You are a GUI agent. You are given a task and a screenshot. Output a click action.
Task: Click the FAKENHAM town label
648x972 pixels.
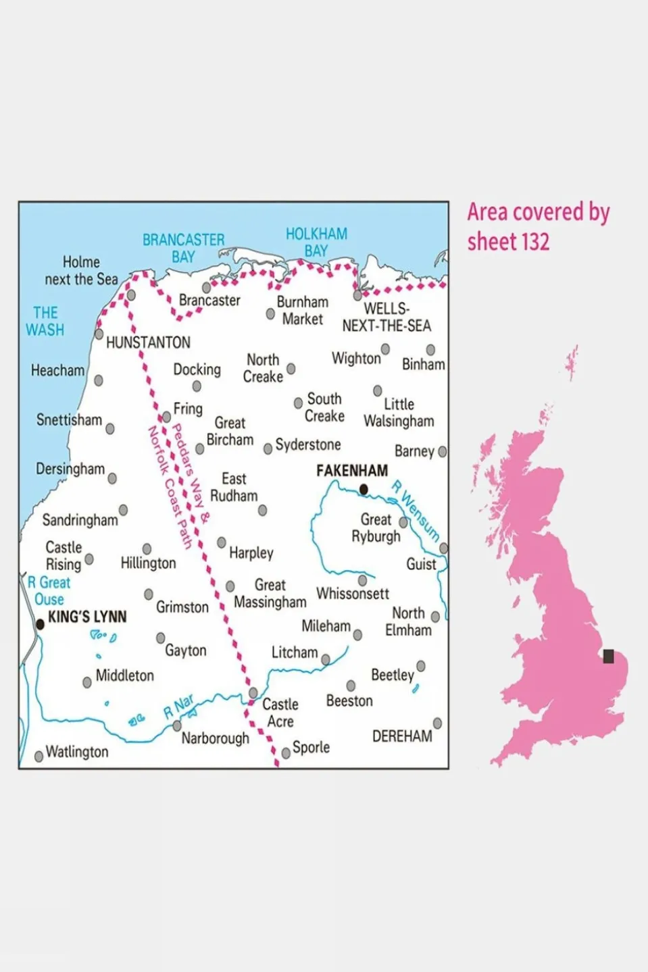352,470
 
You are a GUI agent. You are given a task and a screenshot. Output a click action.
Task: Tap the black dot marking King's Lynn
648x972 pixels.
40,625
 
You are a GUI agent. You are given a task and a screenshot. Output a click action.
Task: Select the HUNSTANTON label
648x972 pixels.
148,342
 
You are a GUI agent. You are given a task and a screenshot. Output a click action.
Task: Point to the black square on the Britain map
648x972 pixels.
608,656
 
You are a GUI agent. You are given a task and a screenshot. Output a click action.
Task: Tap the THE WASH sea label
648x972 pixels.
45,322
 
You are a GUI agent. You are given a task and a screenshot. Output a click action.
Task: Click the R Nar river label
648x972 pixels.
178,707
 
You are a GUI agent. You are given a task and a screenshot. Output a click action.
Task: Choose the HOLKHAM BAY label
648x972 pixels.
316,242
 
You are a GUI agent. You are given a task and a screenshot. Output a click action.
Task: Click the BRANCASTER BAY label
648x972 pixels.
183,248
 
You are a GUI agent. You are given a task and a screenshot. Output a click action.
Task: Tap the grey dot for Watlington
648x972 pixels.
39,756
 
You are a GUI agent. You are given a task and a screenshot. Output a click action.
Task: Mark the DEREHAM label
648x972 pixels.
402,736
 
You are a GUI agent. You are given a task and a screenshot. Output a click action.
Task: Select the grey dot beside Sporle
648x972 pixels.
286,752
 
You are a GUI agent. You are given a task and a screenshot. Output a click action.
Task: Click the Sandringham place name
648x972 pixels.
80,520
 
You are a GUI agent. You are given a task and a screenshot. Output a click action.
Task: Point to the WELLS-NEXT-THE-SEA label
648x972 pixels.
387,317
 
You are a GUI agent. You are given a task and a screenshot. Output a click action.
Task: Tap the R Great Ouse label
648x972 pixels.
49,591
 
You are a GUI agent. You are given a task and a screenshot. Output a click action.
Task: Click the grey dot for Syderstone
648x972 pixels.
268,449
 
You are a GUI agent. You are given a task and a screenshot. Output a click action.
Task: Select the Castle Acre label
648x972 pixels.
280,713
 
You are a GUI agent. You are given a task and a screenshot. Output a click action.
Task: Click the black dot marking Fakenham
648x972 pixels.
364,489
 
